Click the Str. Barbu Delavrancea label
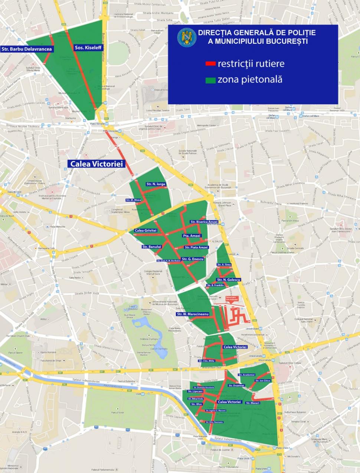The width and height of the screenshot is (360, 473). tap(27, 49)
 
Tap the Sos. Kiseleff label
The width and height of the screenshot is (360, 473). tap(88, 48)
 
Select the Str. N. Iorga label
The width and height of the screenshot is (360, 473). tap(156, 184)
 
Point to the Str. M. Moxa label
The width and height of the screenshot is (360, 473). tap(133, 200)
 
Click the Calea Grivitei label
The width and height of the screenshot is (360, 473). tap(145, 231)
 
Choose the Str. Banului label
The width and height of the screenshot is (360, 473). tap(151, 247)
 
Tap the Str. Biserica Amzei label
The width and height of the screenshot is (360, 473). tap(204, 222)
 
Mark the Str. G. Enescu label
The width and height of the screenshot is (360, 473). tap(193, 259)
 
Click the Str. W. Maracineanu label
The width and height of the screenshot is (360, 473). tap(193, 314)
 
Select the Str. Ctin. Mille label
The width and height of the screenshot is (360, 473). tap(207, 361)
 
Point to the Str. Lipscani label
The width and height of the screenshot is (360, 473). tap(195, 391)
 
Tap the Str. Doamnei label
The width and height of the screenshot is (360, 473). tap(236, 385)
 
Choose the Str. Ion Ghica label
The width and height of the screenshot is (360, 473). tap(263, 381)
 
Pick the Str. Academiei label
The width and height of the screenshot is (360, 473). tap(247, 375)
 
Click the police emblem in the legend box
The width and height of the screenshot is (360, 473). tap(184, 38)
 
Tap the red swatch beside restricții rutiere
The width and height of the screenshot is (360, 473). tap(210, 64)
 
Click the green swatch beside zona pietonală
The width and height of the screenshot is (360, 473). tap(210, 80)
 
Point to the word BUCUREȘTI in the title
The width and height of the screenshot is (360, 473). tap(286, 41)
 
